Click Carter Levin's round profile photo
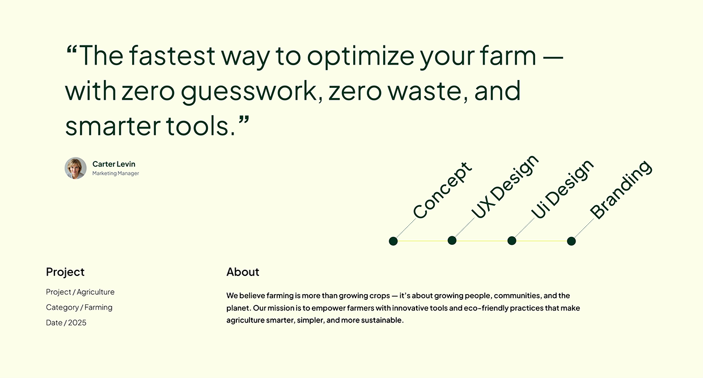click(x=75, y=168)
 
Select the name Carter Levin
click(x=114, y=164)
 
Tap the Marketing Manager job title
click(x=116, y=173)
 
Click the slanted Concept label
click(x=442, y=190)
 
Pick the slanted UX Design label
click(x=505, y=187)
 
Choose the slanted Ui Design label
click(x=562, y=189)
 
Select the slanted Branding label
click(x=621, y=189)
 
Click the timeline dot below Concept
click(x=393, y=241)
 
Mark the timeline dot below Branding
click(x=571, y=241)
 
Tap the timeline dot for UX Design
click(x=452, y=240)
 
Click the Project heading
click(x=65, y=272)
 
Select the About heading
click(x=243, y=272)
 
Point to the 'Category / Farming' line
click(x=79, y=307)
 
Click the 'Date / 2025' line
click(x=66, y=322)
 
